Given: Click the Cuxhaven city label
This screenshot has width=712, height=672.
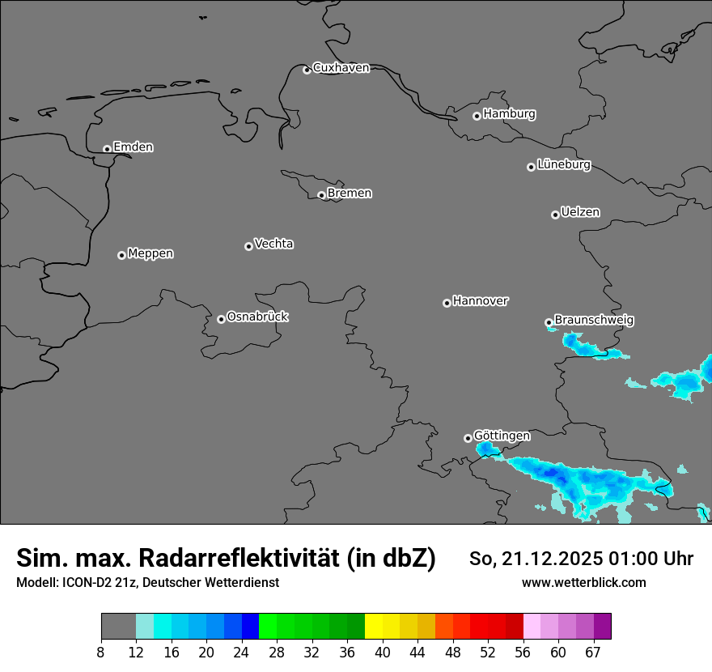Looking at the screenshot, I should [x=341, y=68].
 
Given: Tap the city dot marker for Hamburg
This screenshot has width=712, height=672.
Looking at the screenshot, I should [x=477, y=116].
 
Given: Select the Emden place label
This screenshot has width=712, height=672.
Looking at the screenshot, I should [x=133, y=147].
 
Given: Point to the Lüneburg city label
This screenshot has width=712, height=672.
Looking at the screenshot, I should [x=563, y=164].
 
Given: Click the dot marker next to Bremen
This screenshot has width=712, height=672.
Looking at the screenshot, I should [x=321, y=195].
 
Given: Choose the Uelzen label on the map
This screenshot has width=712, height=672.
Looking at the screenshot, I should [x=580, y=212].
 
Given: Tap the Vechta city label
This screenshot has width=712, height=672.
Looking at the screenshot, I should [x=273, y=244].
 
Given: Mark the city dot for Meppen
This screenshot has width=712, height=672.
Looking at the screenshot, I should [x=121, y=255].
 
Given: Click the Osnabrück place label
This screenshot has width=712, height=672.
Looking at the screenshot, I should [x=257, y=317].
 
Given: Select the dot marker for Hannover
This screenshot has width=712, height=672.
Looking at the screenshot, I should [x=447, y=303].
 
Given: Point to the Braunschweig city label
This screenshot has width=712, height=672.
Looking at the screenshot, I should [x=594, y=321].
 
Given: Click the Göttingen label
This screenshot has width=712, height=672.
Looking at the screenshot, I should [x=502, y=436].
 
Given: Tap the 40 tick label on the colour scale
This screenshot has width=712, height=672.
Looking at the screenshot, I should [x=383, y=653].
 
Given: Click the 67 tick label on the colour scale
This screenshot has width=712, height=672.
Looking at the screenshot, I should [x=593, y=653].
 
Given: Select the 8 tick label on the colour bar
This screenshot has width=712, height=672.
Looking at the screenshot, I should [x=101, y=653].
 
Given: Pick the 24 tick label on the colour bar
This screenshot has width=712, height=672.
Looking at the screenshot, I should [x=242, y=653].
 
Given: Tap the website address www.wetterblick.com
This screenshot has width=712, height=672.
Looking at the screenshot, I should [x=583, y=582].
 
